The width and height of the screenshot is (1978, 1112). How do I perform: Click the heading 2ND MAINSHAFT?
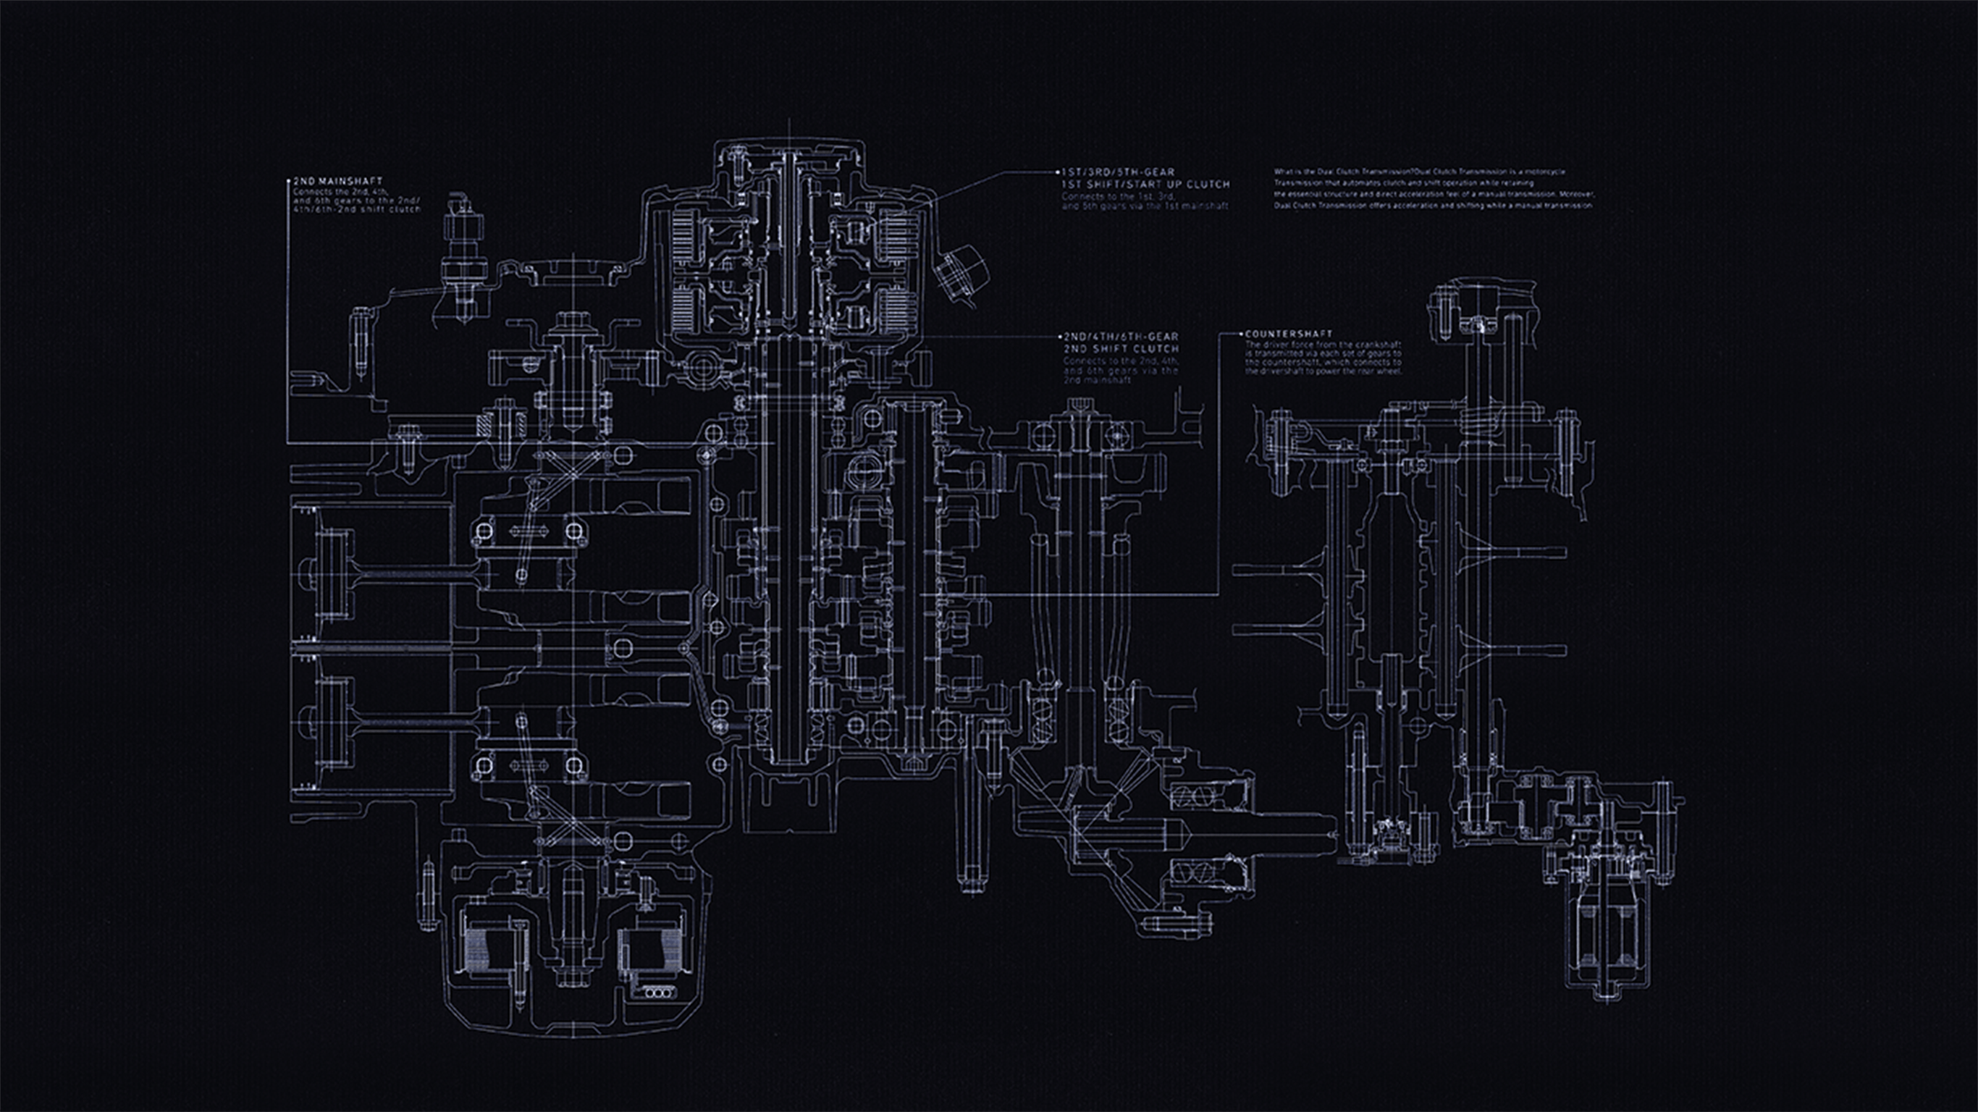(338, 181)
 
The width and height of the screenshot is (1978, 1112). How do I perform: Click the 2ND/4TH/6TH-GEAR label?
(1120, 337)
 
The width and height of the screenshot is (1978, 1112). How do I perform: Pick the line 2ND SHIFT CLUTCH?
(1120, 349)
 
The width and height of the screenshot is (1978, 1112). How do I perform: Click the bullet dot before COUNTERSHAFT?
(1242, 334)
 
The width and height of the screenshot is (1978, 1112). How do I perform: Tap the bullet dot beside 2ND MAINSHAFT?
(290, 181)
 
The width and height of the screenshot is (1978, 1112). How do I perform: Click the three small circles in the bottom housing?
(658, 993)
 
